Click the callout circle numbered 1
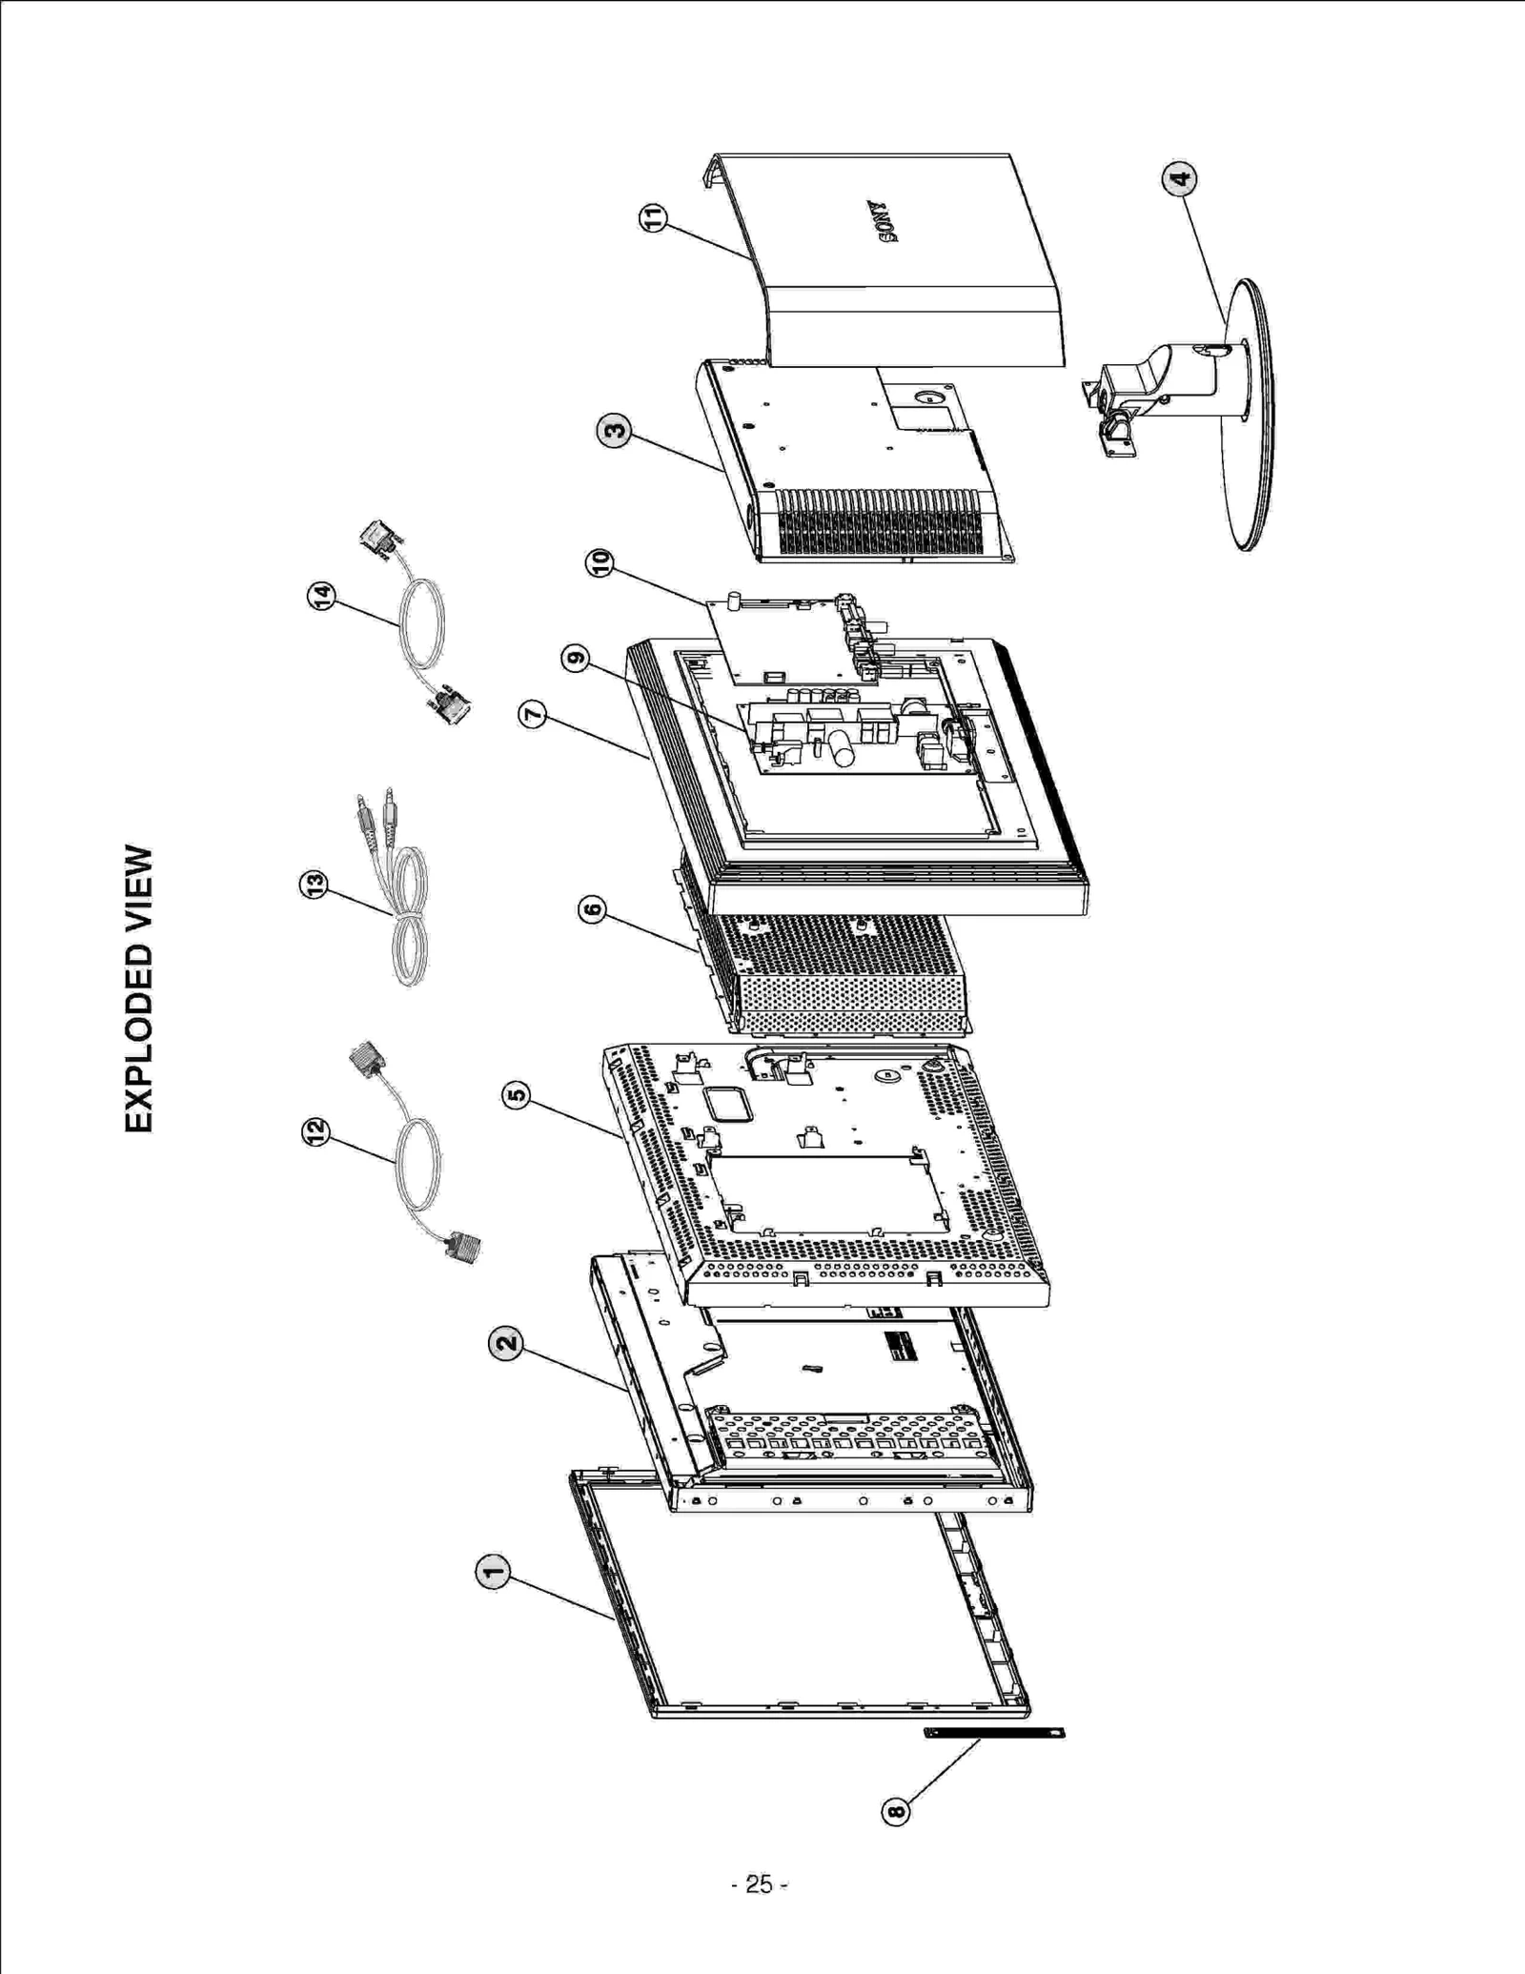pos(492,1572)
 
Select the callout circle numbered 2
pos(506,1344)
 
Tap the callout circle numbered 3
pos(614,431)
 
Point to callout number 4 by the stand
pos(1179,178)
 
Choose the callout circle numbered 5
pos(516,1094)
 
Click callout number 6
pos(592,910)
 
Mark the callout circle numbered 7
pos(533,714)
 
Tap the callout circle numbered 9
pos(575,658)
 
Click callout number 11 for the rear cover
pos(653,218)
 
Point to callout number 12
pos(315,1131)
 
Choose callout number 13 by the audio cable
pos(314,885)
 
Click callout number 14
pos(322,597)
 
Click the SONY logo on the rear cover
pos(882,221)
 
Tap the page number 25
pos(759,1884)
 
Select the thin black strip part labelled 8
pos(994,1731)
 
